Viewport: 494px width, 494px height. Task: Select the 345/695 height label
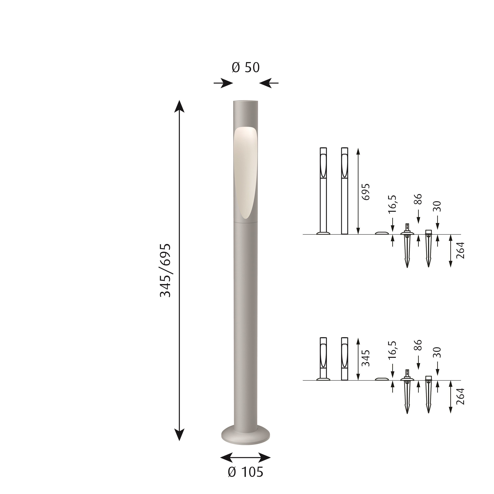tap(165, 271)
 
